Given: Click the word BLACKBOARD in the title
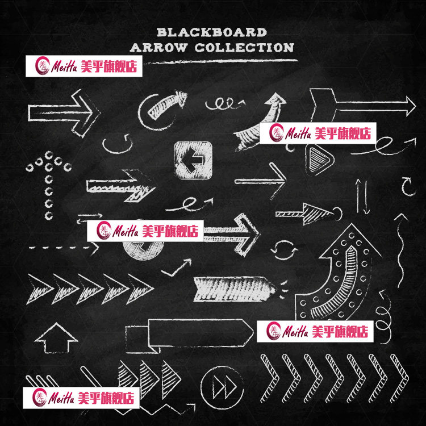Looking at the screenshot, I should point(211,32).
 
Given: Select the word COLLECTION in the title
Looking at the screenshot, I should point(244,47).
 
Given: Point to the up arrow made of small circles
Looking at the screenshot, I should point(48,182).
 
